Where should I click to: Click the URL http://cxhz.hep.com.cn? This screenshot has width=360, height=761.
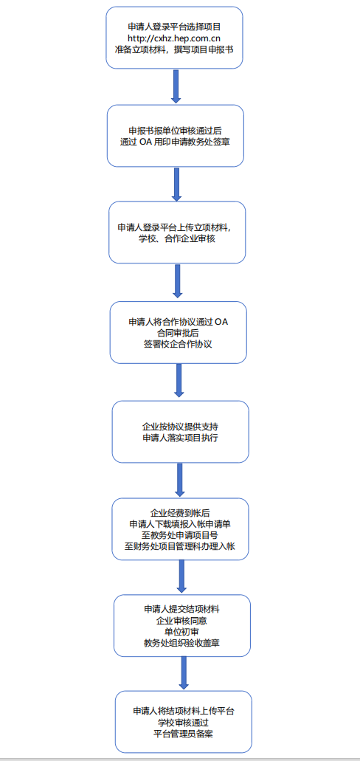(175, 38)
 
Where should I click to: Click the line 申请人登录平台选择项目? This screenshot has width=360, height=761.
(175, 27)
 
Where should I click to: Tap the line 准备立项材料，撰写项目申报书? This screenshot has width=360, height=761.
(175, 49)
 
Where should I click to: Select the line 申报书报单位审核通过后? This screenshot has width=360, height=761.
(176, 131)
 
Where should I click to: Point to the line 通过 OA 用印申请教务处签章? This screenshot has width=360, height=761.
(176, 142)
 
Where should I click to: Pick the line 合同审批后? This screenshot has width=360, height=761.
(178, 333)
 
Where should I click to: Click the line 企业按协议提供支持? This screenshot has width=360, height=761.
(180, 427)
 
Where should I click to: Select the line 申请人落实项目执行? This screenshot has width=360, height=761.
(180, 438)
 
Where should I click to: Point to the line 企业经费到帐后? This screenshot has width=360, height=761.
(180, 512)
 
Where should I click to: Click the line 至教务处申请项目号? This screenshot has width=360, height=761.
(180, 535)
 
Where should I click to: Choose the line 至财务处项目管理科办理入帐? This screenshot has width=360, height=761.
(180, 546)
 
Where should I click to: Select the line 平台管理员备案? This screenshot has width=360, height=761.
(184, 734)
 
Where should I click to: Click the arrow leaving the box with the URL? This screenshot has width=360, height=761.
(176, 86)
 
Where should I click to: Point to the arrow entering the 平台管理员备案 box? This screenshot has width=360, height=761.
(184, 673)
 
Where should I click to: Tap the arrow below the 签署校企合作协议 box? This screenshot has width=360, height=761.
(179, 381)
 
